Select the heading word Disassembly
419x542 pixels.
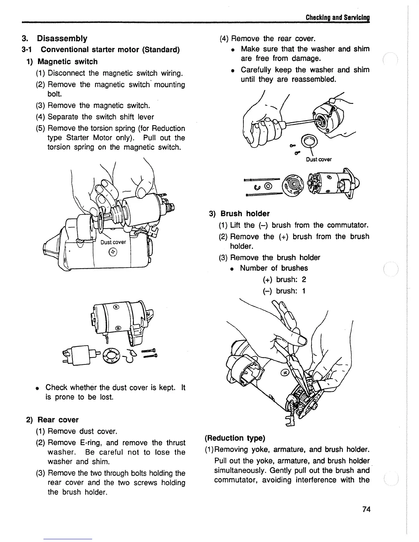click(62, 38)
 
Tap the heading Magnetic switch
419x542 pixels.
click(67, 62)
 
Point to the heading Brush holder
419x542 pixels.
click(245, 214)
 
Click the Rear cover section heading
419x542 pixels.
click(58, 420)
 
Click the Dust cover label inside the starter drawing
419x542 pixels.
click(113, 242)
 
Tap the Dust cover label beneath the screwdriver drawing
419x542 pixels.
click(319, 159)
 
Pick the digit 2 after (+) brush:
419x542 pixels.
click(304, 280)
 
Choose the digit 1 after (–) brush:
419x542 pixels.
click(303, 291)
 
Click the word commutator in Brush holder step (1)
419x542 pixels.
click(347, 225)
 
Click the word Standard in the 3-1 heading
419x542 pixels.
click(161, 50)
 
